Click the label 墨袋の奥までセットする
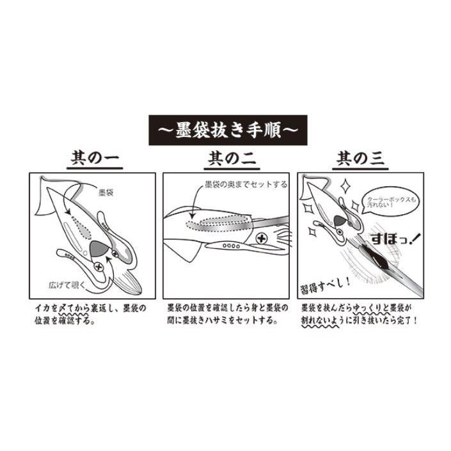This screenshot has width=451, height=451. coord(246,185)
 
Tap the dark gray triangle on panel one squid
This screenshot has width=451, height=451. coord(99,248)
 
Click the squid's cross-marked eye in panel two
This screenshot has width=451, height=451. coord(262,239)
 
